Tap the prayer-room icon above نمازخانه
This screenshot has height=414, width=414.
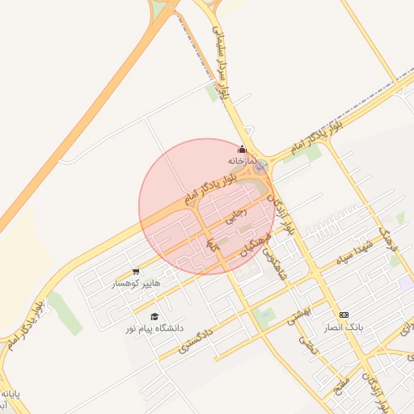(x=241, y=150)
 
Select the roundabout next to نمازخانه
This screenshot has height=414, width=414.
(x=260, y=167)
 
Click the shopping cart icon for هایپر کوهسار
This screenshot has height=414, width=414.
(x=135, y=272)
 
